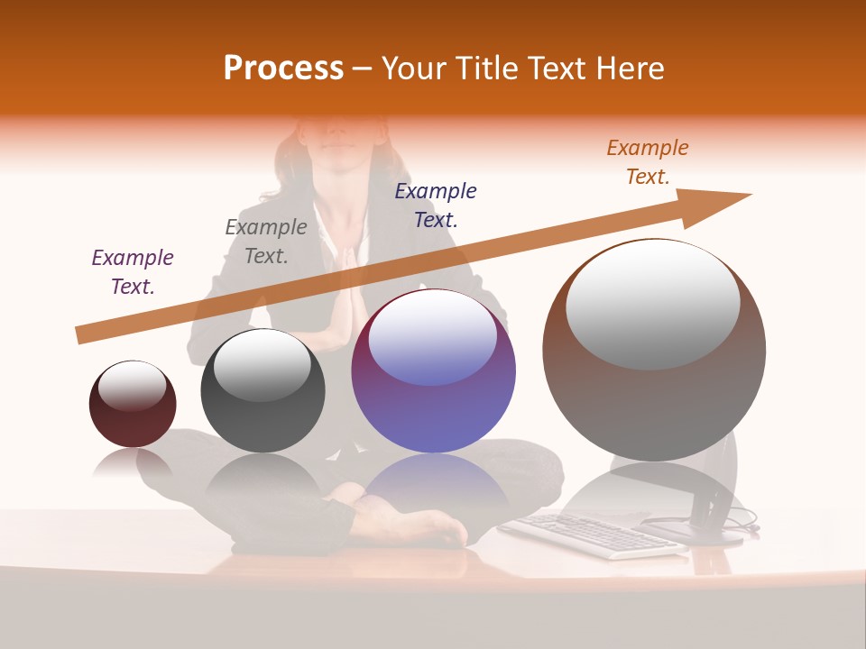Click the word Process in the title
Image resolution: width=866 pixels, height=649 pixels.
point(283,69)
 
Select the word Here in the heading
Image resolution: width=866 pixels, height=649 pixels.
point(629,69)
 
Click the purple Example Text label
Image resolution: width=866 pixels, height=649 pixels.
point(133,272)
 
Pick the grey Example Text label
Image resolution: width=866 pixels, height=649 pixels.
point(265,242)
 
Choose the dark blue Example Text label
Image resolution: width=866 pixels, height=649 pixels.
point(436,205)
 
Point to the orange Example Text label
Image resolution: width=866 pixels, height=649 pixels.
point(648,162)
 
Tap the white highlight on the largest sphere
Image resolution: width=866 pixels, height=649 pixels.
point(652,302)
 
